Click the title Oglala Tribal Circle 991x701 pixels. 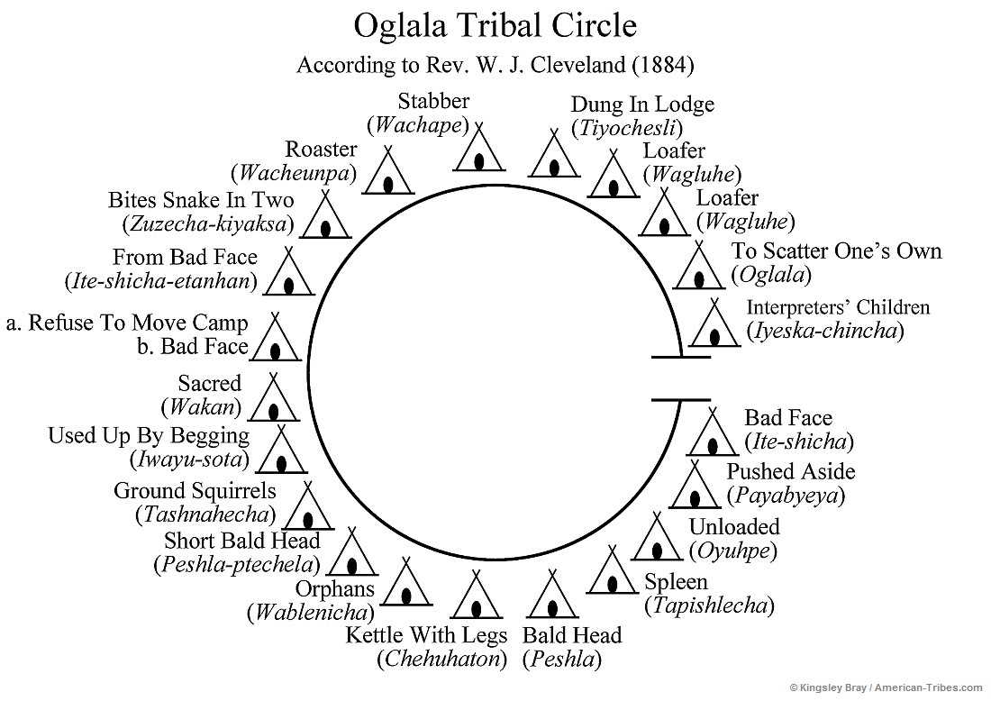(x=495, y=25)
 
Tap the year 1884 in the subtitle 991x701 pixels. (x=662, y=66)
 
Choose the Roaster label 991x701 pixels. (x=321, y=150)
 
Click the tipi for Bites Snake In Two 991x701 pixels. (x=325, y=215)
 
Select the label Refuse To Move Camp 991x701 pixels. (x=137, y=323)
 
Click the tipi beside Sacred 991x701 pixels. (x=273, y=398)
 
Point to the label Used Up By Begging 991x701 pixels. (x=149, y=436)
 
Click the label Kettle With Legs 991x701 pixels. (x=426, y=635)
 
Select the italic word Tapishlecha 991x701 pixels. (x=709, y=605)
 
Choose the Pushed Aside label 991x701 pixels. (x=791, y=471)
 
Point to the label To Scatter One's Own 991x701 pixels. (x=836, y=250)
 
